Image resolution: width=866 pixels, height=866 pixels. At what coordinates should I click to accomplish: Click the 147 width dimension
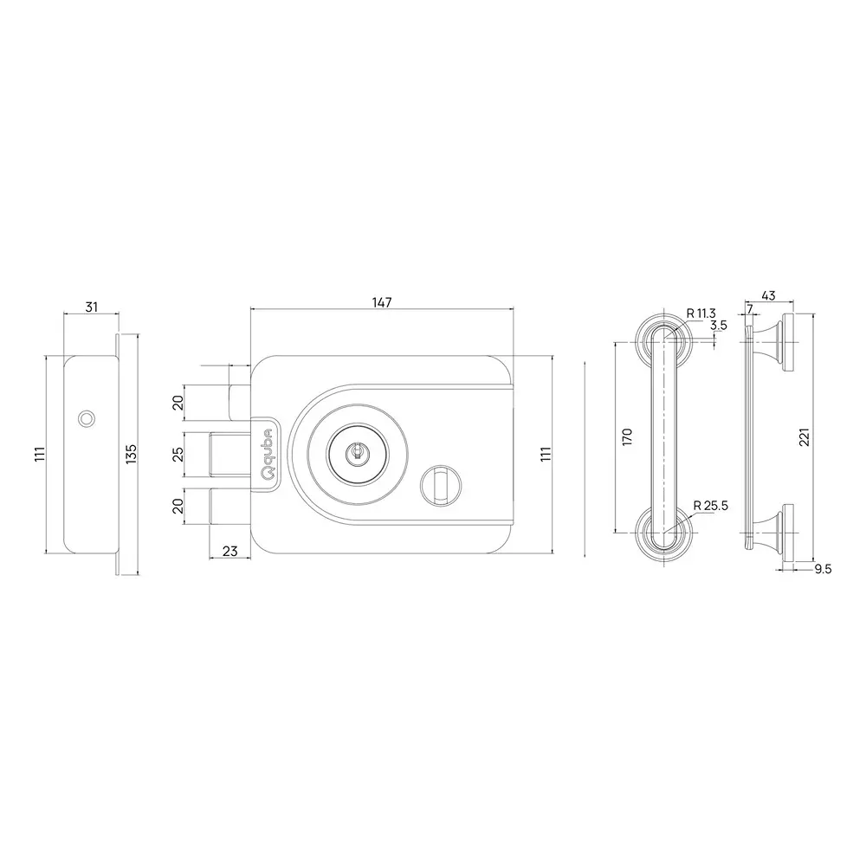(382, 302)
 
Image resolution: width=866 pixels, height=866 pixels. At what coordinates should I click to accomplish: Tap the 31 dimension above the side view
(91, 306)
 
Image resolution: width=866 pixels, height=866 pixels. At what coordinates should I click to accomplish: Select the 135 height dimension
(131, 453)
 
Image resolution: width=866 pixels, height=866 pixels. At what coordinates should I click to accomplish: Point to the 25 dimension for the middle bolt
(178, 454)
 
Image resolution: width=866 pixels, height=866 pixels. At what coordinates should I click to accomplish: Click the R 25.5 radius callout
(709, 507)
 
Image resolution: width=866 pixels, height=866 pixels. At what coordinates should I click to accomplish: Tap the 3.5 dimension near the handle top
(718, 326)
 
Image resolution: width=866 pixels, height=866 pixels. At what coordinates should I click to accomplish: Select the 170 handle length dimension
(628, 436)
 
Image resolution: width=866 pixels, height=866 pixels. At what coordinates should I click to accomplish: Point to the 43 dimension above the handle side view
(767, 296)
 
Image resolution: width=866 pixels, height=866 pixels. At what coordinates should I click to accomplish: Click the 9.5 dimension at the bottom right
(823, 569)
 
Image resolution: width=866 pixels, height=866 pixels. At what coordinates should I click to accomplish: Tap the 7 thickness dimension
(748, 309)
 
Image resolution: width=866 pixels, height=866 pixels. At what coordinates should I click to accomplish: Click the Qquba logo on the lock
(268, 453)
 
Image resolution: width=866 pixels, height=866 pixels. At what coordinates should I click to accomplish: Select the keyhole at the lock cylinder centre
(355, 451)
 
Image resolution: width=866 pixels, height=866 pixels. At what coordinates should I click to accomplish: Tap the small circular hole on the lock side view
(84, 418)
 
